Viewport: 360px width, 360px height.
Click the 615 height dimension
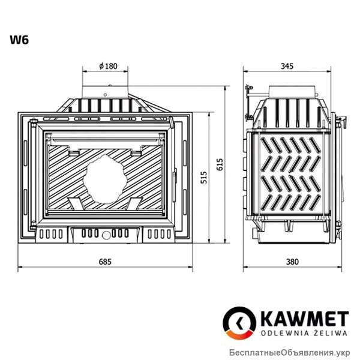[x=220, y=163]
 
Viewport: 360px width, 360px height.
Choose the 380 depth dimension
[x=292, y=262]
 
